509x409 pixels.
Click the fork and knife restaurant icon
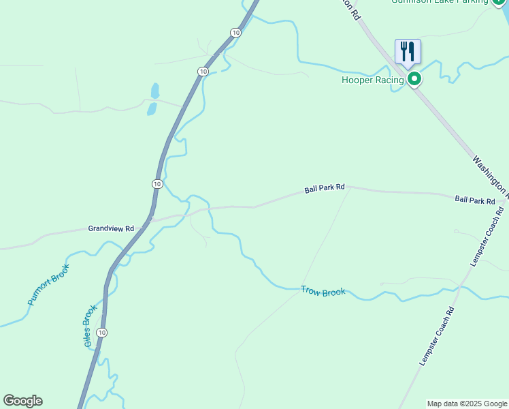click(408, 51)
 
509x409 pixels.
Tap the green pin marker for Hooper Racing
click(414, 80)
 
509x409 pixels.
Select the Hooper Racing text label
click(373, 80)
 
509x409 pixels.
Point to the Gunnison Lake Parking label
click(440, 2)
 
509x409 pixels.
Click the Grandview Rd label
click(110, 229)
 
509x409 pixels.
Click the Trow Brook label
click(323, 292)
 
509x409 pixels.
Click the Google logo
click(22, 401)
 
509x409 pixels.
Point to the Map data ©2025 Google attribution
click(466, 404)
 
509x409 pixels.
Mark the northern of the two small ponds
click(155, 91)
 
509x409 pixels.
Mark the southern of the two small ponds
click(152, 108)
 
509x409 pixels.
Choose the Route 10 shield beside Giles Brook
click(101, 333)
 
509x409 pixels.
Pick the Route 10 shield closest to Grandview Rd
click(157, 184)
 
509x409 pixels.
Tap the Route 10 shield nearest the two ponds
click(203, 72)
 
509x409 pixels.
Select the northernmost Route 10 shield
click(235, 33)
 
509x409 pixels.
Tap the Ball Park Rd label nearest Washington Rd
click(474, 200)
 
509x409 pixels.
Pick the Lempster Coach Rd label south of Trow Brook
click(436, 336)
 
